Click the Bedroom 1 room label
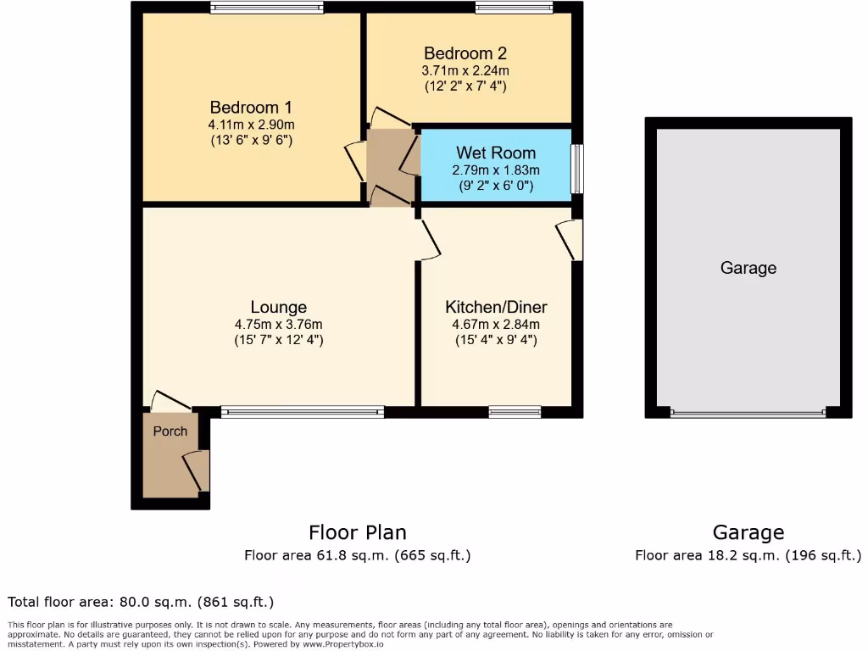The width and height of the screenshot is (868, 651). (x=251, y=108)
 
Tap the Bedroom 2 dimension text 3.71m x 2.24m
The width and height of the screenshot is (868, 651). (x=467, y=70)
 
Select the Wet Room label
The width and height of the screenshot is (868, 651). (x=496, y=153)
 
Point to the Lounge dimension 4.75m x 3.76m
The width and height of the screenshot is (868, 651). (x=279, y=324)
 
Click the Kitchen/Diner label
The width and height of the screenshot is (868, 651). (x=497, y=307)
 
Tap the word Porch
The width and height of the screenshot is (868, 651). (x=170, y=431)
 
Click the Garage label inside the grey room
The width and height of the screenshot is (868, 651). (x=748, y=268)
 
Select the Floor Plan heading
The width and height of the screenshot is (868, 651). (x=357, y=532)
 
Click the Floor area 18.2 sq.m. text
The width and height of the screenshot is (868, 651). (x=748, y=556)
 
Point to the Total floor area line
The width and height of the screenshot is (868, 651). (x=141, y=603)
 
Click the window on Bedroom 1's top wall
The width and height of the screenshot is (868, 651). (x=267, y=8)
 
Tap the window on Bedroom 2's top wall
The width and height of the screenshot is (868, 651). (x=515, y=8)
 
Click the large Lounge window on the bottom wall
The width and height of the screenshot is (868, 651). (x=303, y=412)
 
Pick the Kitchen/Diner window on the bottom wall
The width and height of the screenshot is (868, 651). (x=515, y=412)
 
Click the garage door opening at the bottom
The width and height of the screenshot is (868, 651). (x=748, y=413)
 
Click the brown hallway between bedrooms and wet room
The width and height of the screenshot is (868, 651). (x=389, y=166)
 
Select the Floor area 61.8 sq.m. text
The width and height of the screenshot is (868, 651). (x=357, y=556)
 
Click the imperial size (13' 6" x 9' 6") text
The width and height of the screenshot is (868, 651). (x=251, y=141)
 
